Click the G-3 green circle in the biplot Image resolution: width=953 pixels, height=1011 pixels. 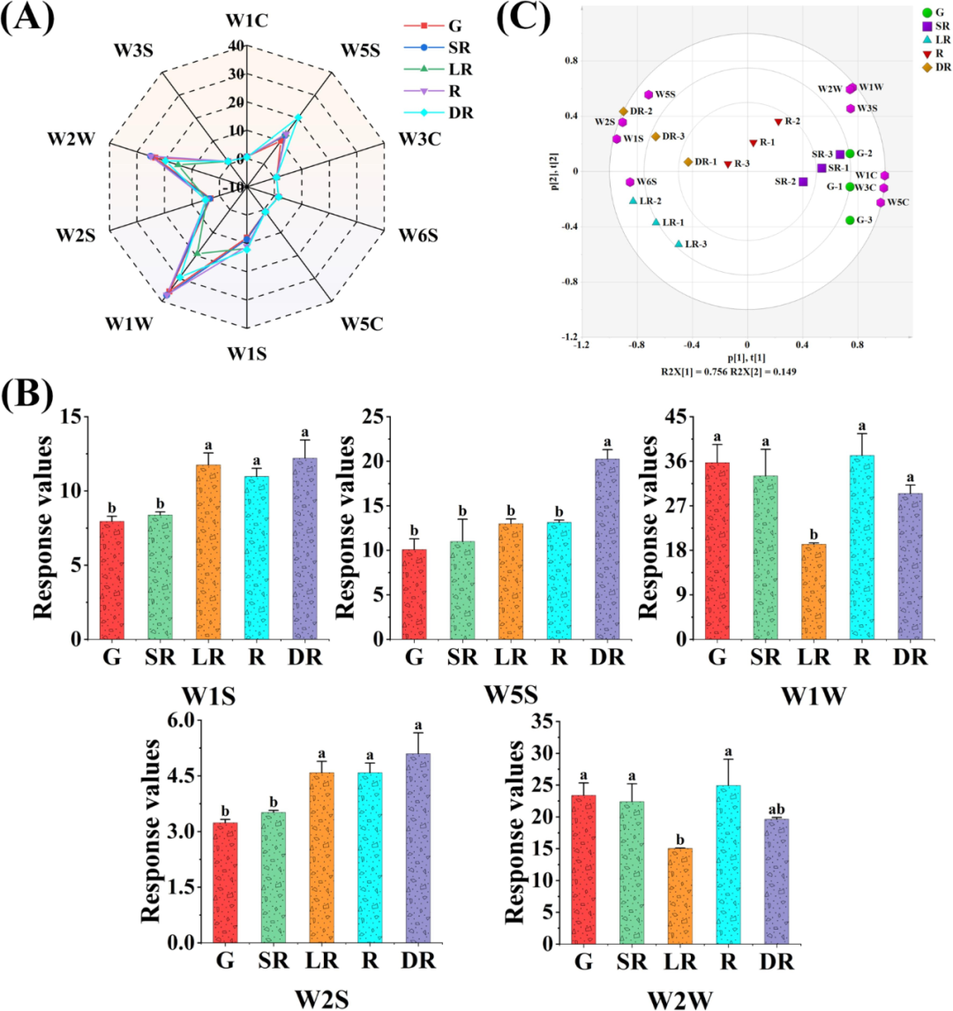[x=850, y=221]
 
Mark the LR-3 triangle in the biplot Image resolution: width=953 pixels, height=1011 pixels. [x=679, y=244]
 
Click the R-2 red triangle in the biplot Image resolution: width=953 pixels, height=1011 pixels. [x=778, y=122]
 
